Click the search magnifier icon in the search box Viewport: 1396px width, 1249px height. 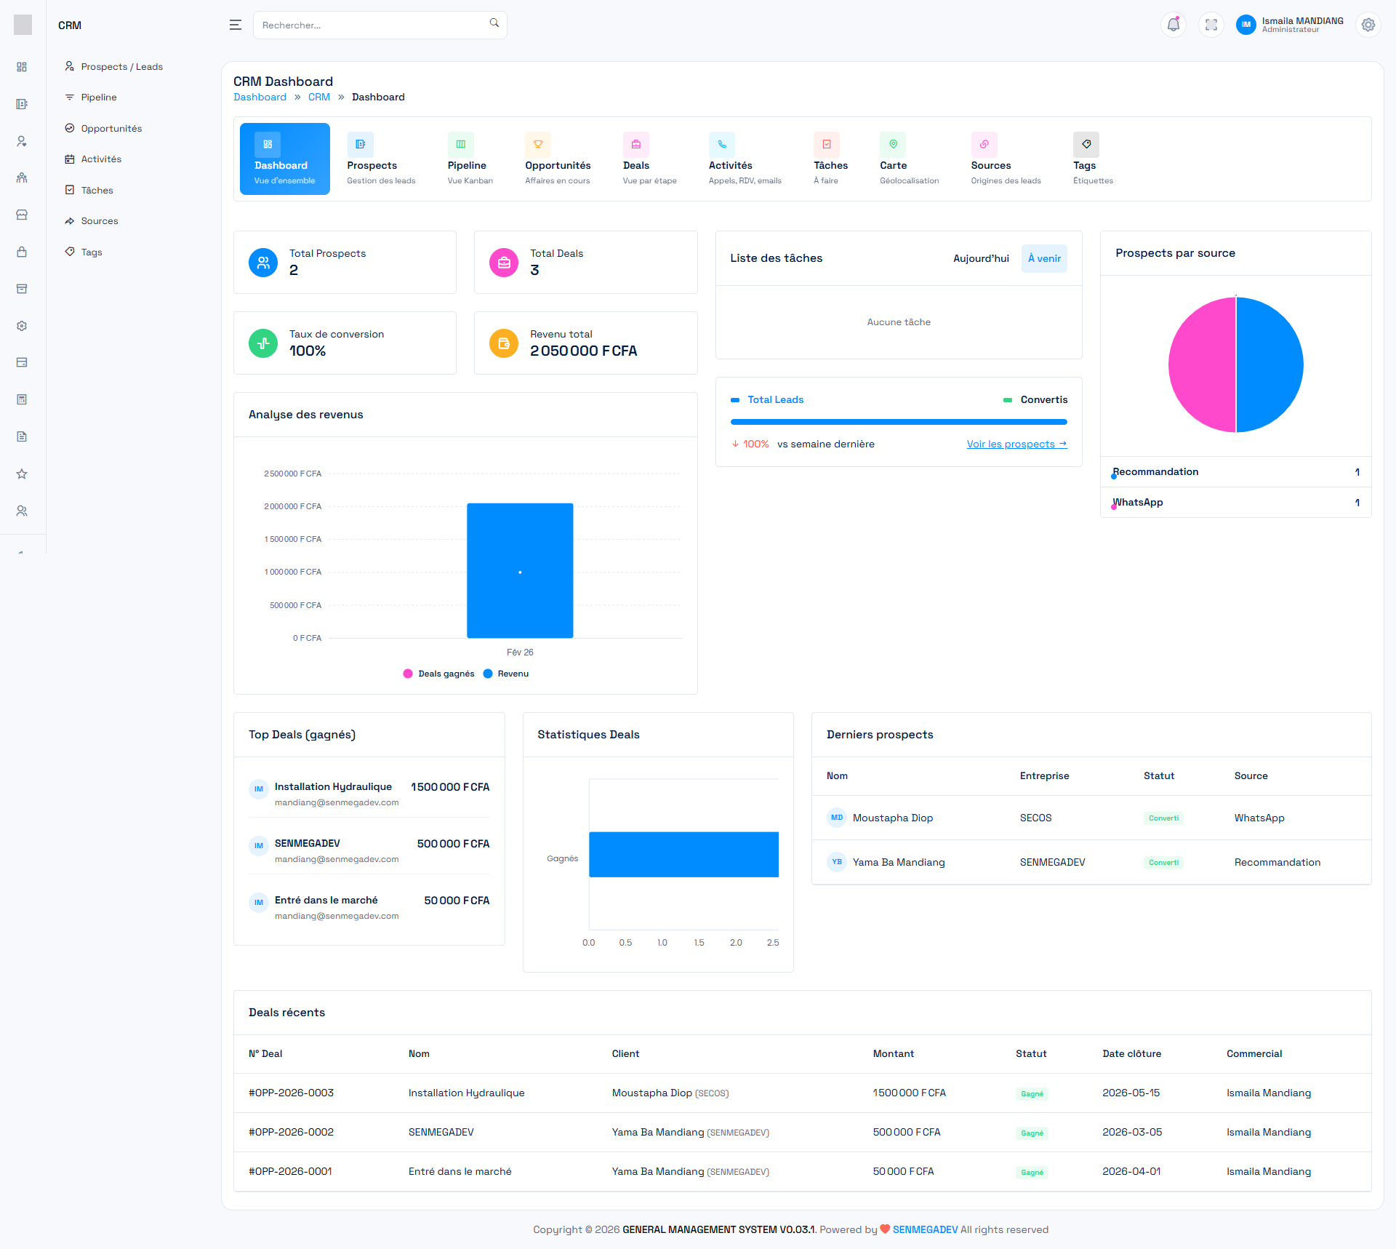click(494, 23)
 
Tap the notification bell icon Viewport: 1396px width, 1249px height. click(1173, 25)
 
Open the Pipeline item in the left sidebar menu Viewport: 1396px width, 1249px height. click(99, 97)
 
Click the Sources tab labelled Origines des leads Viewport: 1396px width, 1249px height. click(1005, 159)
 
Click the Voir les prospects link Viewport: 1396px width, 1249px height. click(1016, 444)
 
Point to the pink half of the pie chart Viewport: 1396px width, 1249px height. click(1201, 365)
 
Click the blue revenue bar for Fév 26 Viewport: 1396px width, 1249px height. click(520, 570)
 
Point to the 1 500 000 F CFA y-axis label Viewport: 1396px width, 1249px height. click(292, 539)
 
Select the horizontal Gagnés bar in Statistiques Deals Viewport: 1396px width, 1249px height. click(683, 854)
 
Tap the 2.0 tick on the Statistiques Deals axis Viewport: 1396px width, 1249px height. click(736, 943)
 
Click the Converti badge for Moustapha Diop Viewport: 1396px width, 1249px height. click(1163, 818)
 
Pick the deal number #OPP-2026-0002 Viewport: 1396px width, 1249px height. click(291, 1132)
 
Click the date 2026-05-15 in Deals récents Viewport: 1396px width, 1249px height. click(1131, 1093)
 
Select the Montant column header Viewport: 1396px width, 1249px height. click(893, 1053)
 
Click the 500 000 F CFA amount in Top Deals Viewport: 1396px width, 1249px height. click(453, 844)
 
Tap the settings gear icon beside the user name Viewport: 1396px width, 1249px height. click(1368, 25)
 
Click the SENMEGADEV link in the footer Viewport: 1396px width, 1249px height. click(925, 1229)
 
